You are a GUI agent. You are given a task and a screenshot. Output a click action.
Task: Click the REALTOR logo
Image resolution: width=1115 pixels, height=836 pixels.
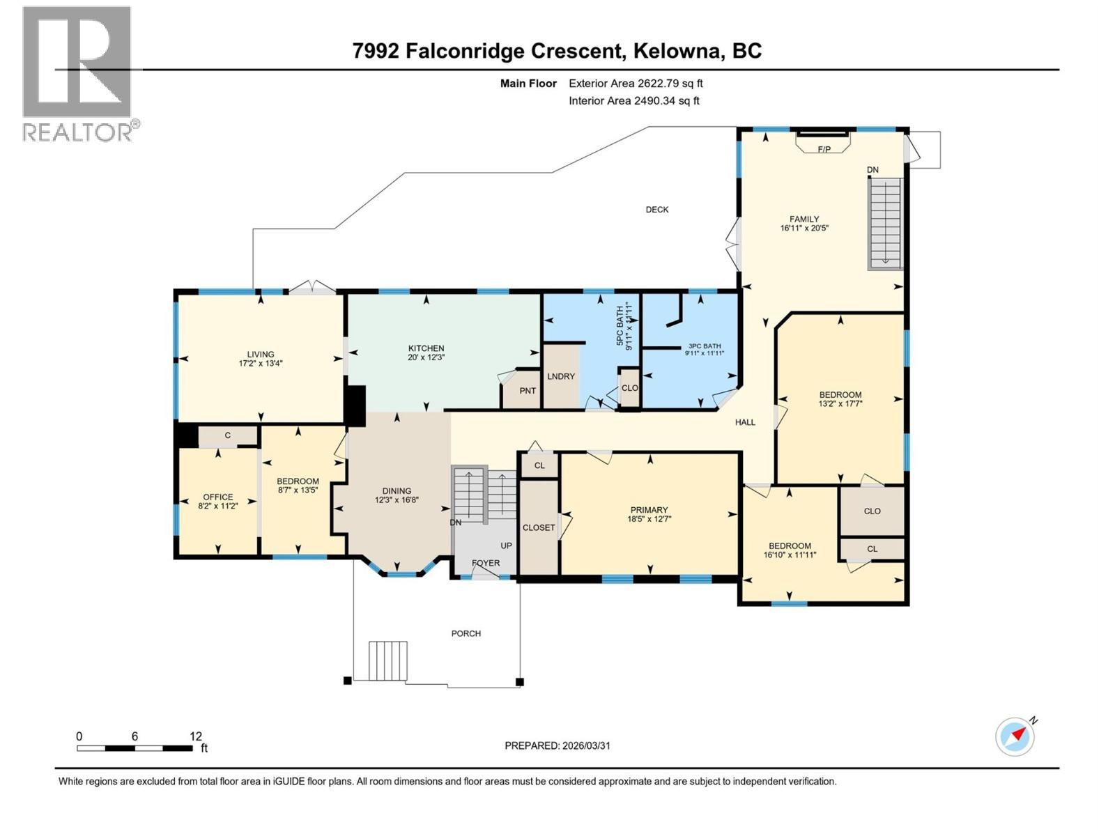[x=77, y=73]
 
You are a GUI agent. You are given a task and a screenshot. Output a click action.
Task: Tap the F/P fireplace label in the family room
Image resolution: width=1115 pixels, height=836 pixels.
[x=824, y=149]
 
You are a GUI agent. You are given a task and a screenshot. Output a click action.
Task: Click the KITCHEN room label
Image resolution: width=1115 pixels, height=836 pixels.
[x=426, y=348]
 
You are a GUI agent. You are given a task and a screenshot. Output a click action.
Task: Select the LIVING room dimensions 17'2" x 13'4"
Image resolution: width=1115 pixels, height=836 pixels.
[x=261, y=364]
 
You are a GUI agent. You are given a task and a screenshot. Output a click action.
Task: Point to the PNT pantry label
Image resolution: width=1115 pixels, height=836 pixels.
[x=528, y=391]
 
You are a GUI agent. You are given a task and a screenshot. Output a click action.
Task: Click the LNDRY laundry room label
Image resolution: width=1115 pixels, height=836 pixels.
[x=561, y=376]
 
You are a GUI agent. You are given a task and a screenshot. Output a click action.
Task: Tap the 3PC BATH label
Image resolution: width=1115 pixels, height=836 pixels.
[x=705, y=346]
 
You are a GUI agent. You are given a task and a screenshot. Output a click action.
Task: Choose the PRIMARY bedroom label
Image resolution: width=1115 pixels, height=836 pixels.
[x=649, y=510]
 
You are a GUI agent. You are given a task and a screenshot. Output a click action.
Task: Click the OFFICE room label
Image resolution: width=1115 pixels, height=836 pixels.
[x=218, y=497]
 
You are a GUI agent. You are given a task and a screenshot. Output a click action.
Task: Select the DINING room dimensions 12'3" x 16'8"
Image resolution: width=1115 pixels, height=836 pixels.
[x=397, y=500]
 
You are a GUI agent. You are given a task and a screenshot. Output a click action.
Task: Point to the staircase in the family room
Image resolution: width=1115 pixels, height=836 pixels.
[x=885, y=223]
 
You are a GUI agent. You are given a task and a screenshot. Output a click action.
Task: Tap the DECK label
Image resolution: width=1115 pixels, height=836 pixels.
[x=656, y=210]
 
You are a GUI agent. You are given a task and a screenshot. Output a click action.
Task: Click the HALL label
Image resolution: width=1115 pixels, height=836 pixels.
[x=745, y=422]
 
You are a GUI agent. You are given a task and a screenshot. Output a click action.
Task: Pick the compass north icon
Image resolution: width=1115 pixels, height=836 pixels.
[x=1015, y=736]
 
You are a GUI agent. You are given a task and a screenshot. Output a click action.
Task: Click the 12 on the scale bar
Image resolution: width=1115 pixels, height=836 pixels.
[x=196, y=736]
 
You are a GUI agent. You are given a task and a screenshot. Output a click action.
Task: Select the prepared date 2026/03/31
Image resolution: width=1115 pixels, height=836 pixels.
[x=585, y=745]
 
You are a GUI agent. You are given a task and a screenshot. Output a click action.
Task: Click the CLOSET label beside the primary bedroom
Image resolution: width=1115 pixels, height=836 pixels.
[x=539, y=527]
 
